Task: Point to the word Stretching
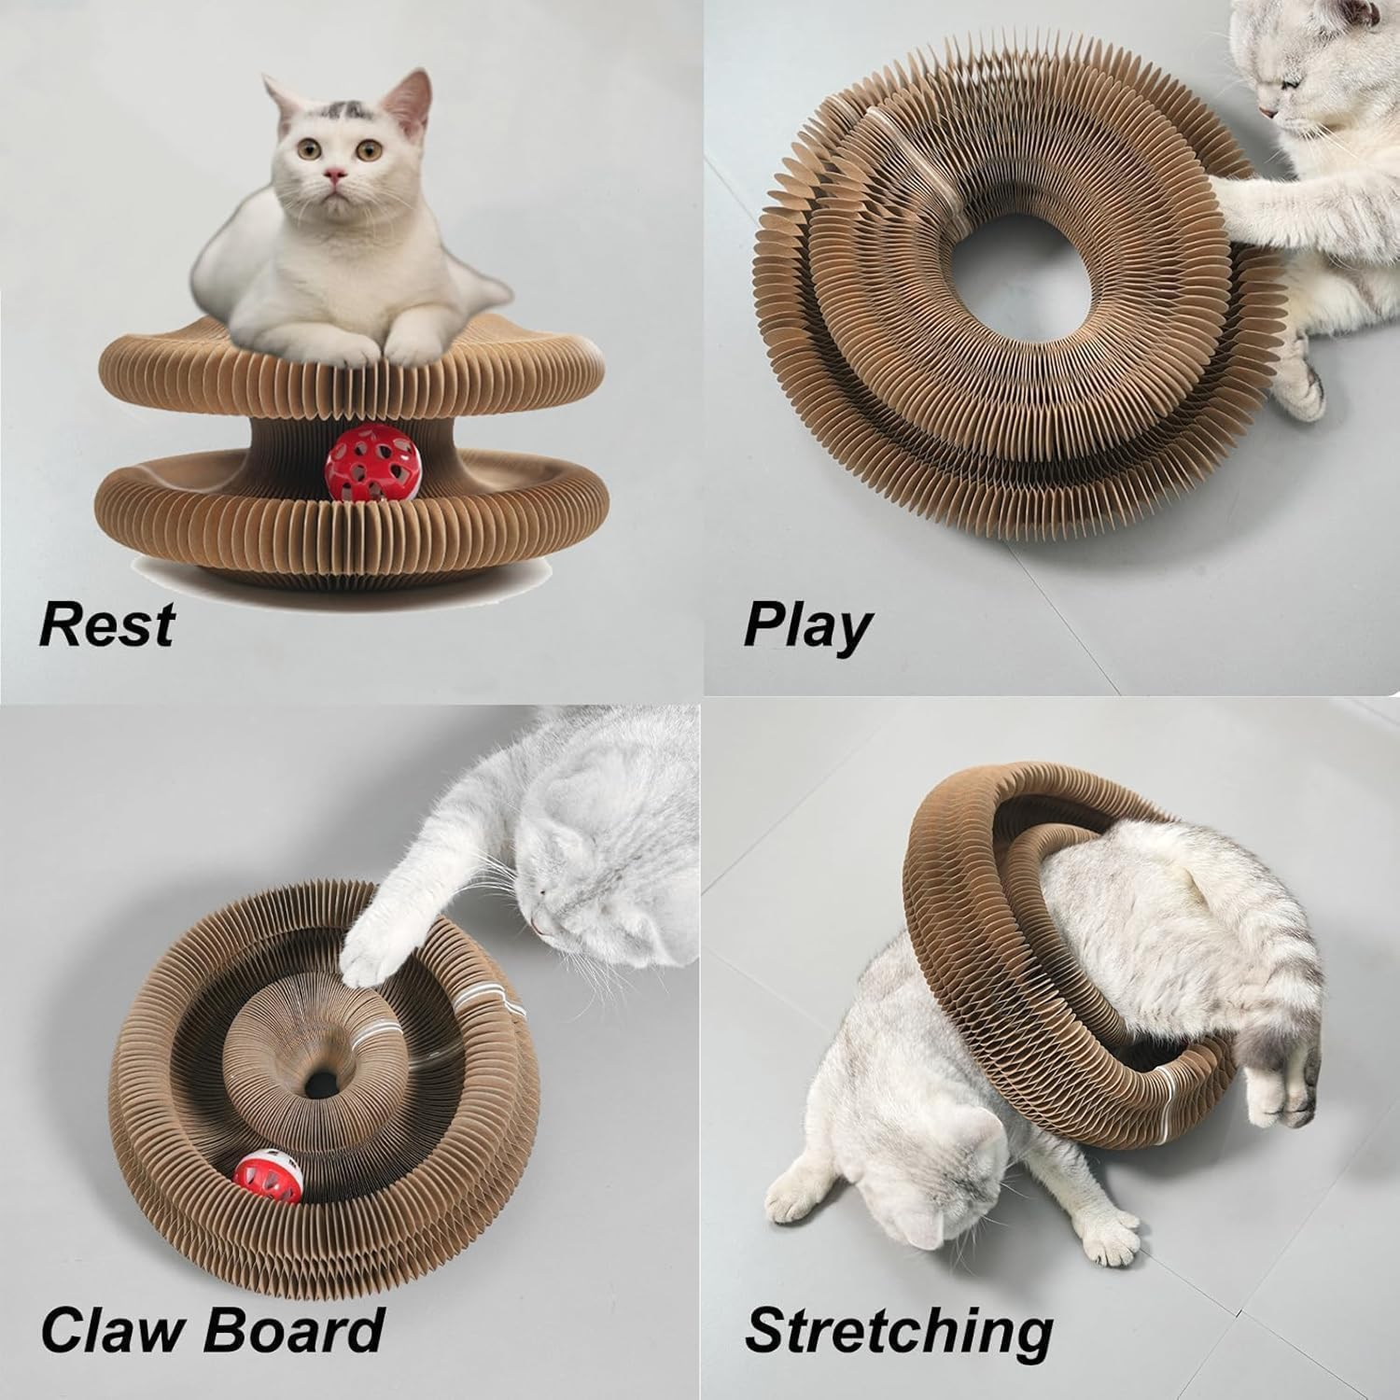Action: (899, 1330)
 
